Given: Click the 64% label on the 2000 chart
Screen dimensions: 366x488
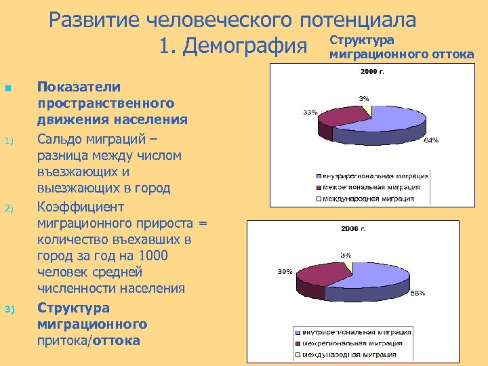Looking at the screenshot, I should point(431,140).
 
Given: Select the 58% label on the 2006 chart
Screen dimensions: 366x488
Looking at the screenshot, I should point(418,293).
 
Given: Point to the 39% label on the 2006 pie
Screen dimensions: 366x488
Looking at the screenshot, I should point(285,271).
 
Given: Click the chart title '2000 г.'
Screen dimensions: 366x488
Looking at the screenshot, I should point(371,71).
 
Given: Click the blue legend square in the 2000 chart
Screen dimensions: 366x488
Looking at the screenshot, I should point(317,176).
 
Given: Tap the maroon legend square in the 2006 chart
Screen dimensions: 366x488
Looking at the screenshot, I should point(297,343).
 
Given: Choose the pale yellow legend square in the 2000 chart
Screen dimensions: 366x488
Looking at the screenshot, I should point(317,199).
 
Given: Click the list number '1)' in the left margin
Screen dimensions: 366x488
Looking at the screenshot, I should point(9,141).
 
